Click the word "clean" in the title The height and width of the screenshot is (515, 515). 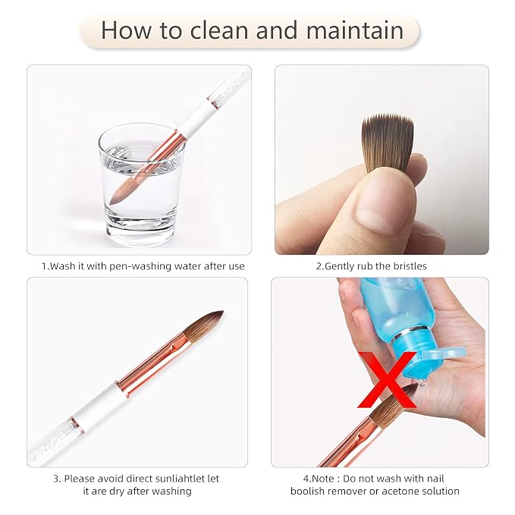pyautogui.click(x=220, y=30)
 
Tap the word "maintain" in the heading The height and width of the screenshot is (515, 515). pyautogui.click(x=355, y=30)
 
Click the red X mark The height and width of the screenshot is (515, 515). pyautogui.click(x=387, y=380)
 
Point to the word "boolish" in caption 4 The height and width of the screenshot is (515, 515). pyautogui.click(x=308, y=491)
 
